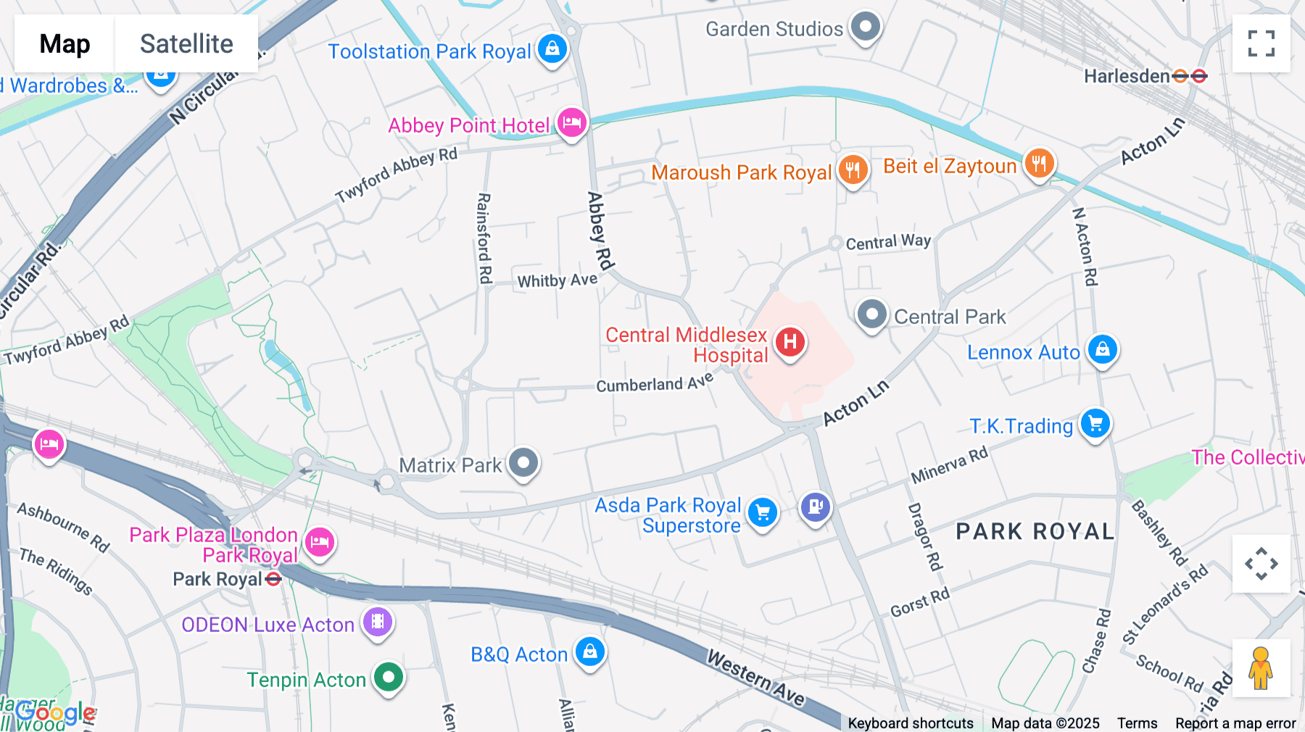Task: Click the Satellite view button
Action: click(186, 44)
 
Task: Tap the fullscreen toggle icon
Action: click(1261, 43)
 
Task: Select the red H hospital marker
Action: click(790, 341)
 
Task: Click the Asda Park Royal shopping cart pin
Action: click(762, 513)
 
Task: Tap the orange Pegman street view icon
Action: click(1261, 668)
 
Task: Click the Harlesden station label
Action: click(1127, 76)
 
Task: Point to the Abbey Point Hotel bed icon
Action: click(571, 122)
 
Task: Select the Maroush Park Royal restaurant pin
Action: click(853, 170)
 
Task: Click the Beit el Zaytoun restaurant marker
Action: click(1039, 164)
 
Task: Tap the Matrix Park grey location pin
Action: click(523, 462)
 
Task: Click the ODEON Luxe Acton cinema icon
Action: click(377, 622)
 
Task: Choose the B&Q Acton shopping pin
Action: click(589, 652)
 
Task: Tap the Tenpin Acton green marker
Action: click(389, 678)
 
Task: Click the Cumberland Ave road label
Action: click(654, 383)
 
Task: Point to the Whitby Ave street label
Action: click(557, 280)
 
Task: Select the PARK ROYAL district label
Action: click(1035, 531)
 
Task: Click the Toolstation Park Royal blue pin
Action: click(552, 49)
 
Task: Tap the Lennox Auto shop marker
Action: click(1102, 350)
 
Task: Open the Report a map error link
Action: click(1235, 723)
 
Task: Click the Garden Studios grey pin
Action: click(864, 27)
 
